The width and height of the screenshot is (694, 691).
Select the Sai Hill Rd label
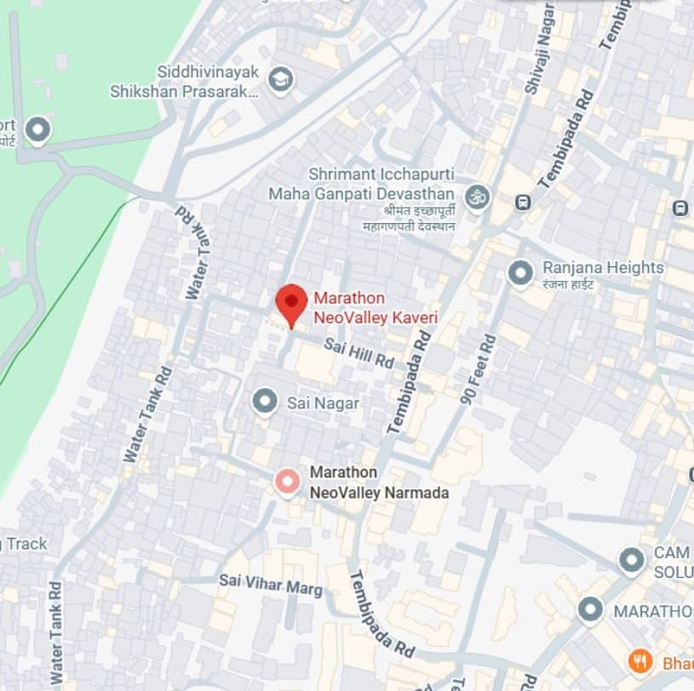click(358, 351)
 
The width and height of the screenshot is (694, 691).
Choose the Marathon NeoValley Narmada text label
click(379, 482)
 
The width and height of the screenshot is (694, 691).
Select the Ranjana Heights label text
click(603, 273)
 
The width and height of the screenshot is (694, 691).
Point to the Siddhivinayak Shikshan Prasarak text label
click(184, 82)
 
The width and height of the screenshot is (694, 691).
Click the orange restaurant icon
click(640, 660)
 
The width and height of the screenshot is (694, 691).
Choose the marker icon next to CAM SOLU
click(631, 561)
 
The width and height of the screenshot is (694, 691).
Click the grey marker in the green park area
click(37, 130)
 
